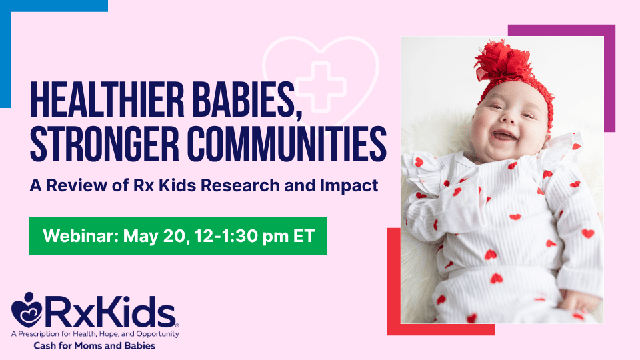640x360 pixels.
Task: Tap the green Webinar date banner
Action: [x=177, y=235]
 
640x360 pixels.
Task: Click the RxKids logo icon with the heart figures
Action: [x=27, y=309]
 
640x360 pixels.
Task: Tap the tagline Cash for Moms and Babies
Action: [x=95, y=346]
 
